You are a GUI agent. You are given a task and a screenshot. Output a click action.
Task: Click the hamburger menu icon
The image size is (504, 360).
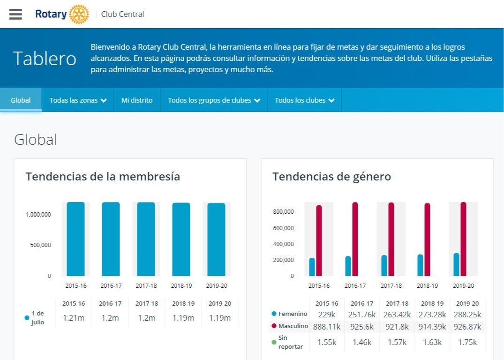pos(15,14)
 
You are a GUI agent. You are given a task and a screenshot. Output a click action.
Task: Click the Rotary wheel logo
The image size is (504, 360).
pos(78,14)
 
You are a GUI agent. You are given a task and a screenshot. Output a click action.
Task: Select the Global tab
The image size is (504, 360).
pos(21,100)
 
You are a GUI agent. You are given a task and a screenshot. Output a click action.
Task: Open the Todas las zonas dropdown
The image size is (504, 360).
pos(78,100)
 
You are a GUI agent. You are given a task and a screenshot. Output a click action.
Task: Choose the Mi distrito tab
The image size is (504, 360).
pos(137,100)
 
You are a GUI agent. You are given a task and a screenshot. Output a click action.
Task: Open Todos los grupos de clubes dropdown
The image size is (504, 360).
pos(214,100)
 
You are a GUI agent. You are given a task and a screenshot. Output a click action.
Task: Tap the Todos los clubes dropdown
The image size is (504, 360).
pos(305,100)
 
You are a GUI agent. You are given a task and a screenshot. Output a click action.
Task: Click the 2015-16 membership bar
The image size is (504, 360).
pos(75,239)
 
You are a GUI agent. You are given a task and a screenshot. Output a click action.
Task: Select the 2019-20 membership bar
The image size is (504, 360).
pos(216,240)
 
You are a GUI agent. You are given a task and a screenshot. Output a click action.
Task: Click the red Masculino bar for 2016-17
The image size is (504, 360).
pos(355,239)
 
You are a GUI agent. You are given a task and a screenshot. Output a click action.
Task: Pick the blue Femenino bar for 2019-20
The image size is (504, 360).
pos(456,264)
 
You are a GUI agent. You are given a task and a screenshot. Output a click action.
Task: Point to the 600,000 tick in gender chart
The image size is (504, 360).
pos(283,228)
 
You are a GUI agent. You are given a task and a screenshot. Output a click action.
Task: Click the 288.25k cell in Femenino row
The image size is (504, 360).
pos(467,315)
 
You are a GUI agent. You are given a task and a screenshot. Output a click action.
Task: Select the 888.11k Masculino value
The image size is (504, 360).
pos(327,326)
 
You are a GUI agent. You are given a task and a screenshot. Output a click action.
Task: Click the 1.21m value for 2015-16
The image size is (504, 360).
pos(74,318)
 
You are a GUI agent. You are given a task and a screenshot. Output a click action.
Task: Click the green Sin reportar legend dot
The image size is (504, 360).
pos(274,342)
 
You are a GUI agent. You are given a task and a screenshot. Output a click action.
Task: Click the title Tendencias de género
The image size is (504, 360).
pos(331,177)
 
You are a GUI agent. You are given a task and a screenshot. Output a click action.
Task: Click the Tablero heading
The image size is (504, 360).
pos(45,59)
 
